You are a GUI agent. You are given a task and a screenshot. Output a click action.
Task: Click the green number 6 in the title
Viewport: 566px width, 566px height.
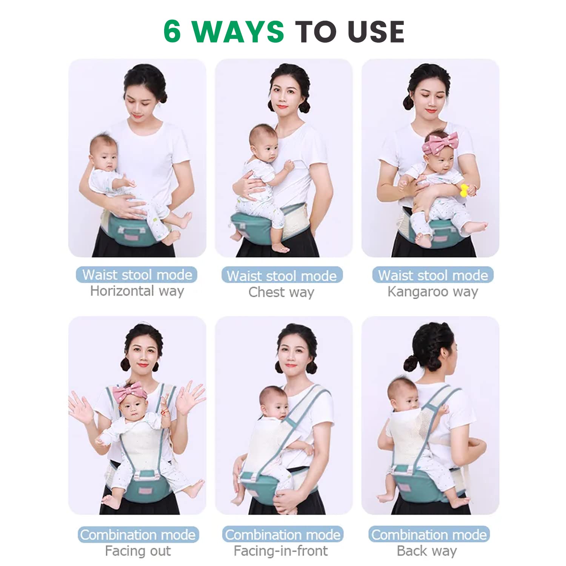[x=172, y=31]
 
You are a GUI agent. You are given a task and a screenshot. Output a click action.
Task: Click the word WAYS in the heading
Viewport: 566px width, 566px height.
[x=238, y=31]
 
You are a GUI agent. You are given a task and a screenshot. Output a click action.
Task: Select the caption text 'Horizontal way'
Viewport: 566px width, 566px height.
[x=137, y=291]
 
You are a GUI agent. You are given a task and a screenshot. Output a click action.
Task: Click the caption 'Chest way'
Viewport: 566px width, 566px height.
[x=281, y=292]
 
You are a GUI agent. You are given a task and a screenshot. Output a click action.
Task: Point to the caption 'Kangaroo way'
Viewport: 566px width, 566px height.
[x=432, y=292]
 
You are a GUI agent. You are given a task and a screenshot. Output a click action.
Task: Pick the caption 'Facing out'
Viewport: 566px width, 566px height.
[x=138, y=551]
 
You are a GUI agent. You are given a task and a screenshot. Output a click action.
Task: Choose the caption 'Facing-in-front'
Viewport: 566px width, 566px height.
[x=281, y=551]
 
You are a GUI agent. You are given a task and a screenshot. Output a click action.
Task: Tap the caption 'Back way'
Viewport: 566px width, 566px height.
[x=427, y=551]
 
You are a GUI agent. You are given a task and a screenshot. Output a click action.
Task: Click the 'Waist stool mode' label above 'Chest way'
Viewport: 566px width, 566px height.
[x=282, y=275]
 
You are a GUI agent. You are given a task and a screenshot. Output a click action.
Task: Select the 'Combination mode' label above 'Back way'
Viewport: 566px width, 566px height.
[x=429, y=535]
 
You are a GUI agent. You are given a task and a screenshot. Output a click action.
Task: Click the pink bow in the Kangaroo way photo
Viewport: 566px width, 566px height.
[x=440, y=143]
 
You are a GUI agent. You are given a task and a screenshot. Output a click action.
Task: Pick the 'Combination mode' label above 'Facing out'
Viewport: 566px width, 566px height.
[x=138, y=535]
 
